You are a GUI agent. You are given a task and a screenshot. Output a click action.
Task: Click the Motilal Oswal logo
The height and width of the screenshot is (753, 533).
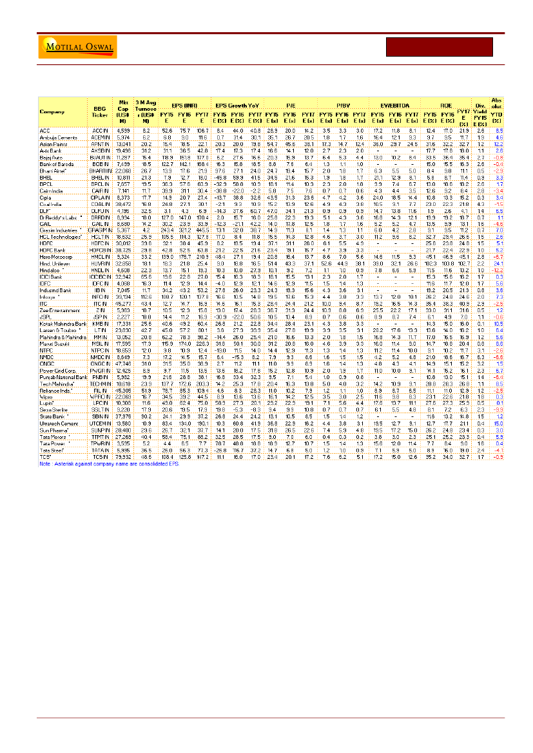coord(70,48)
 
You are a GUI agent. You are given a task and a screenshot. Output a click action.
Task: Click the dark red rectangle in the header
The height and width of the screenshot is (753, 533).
coord(440,48)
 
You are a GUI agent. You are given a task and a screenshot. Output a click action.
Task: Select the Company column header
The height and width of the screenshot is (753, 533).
coord(52,111)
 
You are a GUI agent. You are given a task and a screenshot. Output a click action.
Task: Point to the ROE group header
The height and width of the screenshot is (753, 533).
coord(445,103)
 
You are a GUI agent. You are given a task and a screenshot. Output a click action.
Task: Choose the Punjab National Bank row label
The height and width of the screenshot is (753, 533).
coord(62,376)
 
